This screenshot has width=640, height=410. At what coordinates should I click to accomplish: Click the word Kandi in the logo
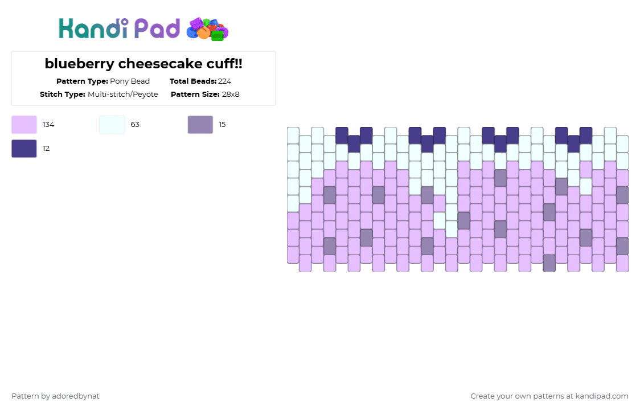(93, 28)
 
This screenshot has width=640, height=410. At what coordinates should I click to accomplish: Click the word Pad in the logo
(157, 28)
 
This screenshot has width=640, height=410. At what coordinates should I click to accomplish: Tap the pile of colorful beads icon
(207, 29)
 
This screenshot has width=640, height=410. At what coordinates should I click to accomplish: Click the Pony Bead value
(130, 81)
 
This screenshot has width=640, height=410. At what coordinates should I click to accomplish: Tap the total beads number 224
(224, 81)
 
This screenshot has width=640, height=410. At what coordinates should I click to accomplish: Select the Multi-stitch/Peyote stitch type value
(123, 95)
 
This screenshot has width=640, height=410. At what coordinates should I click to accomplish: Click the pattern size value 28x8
(231, 95)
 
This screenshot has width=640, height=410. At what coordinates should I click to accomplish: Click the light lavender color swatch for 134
(24, 125)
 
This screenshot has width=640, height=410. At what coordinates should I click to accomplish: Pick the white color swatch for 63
(112, 125)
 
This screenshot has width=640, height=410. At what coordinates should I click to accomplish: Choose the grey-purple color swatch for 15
(200, 125)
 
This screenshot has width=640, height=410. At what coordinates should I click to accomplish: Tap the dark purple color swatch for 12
(24, 149)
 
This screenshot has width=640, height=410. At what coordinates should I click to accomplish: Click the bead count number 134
(48, 125)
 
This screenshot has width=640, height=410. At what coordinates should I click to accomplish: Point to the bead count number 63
(135, 125)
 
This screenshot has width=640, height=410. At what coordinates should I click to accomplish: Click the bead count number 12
(46, 149)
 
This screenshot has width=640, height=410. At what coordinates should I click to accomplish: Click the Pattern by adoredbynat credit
(55, 396)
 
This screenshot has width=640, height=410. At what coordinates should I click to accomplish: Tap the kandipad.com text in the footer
(602, 396)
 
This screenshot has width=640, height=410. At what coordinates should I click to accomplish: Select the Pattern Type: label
(82, 81)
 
